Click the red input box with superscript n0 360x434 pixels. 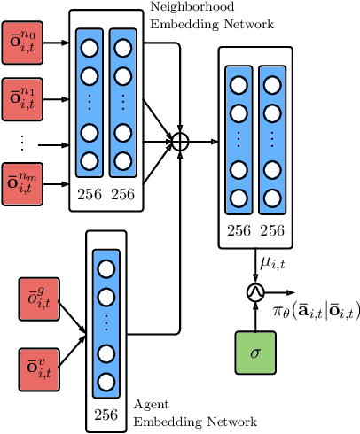tap(21, 43)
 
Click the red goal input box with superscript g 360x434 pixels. tap(37, 298)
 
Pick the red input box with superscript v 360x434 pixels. tap(37, 368)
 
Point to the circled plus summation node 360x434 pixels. tap(180, 140)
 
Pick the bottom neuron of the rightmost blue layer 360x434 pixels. tap(271, 197)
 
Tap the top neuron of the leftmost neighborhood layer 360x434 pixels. tap(90, 45)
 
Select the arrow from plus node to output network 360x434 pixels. tap(203, 140)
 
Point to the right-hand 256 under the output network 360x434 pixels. tap(271, 231)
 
